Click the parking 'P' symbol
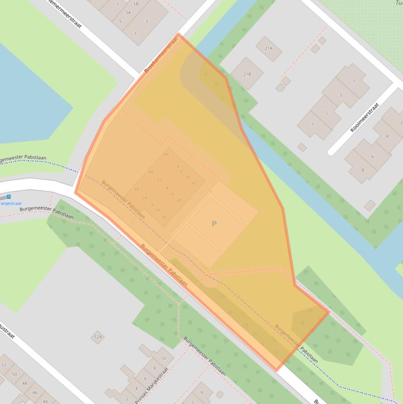214,224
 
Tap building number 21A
269,48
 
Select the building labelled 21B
246,74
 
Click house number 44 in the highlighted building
166,154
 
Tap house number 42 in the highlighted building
194,183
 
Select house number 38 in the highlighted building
164,217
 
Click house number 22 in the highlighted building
159,179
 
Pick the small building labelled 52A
97,337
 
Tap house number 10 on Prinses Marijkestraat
164,358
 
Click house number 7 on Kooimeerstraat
313,124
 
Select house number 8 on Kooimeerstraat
362,169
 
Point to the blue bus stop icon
8,197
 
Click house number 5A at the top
128,12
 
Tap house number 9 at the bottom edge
201,392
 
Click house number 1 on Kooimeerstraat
354,81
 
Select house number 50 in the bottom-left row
14,374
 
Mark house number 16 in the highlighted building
172,194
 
